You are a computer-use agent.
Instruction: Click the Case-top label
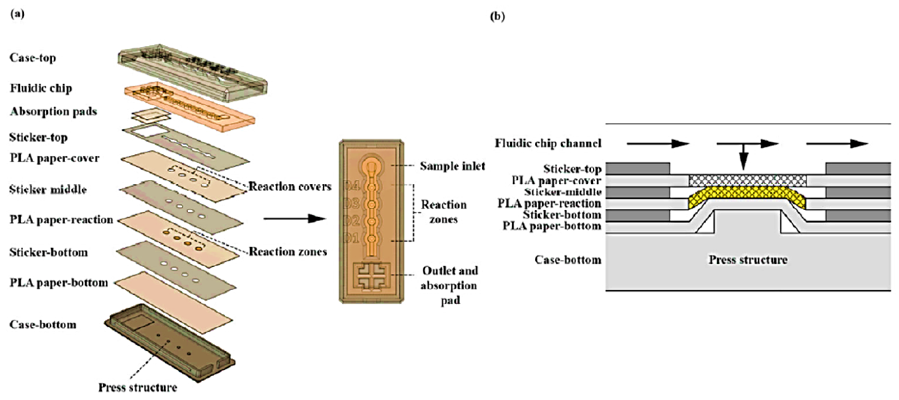33,58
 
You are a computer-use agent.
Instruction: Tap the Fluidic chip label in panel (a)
41,88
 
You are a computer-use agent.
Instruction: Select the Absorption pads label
53,112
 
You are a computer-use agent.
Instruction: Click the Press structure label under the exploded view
138,387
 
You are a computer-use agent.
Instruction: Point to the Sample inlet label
452,166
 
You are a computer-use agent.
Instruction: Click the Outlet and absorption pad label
450,285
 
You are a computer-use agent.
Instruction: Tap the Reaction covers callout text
290,187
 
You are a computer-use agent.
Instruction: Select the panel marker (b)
497,16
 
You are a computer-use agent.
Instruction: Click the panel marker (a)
18,14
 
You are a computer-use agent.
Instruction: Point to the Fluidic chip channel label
548,143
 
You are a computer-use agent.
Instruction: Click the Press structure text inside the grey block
748,260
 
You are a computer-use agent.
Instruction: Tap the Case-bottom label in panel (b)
568,260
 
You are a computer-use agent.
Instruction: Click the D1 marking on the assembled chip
352,238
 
